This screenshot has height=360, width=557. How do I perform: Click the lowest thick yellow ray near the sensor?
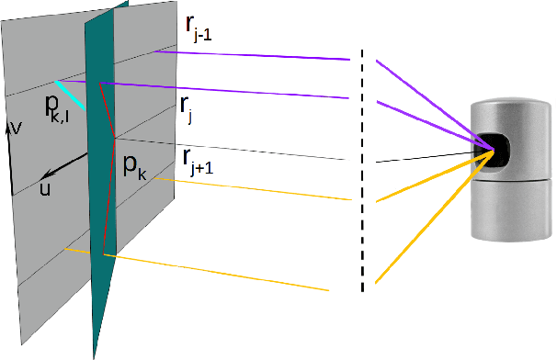click(x=432, y=219)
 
